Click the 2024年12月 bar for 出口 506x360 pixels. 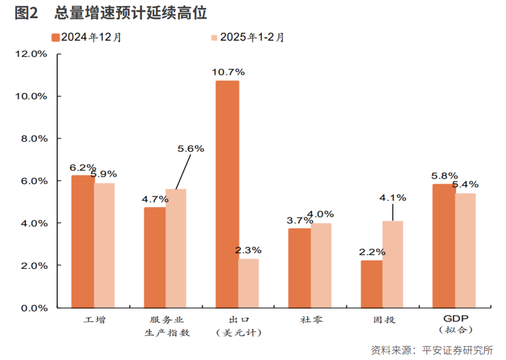(x=227, y=194)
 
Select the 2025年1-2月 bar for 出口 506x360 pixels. (x=248, y=284)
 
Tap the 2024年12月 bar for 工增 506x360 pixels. (x=83, y=242)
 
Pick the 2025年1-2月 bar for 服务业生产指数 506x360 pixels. (x=176, y=248)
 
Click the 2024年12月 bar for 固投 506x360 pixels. (x=372, y=284)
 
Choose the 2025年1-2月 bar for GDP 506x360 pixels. (x=466, y=250)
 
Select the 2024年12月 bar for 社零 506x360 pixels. (x=299, y=268)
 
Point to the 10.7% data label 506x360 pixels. (x=227, y=72)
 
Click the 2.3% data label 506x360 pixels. (x=248, y=250)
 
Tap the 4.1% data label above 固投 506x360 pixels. (x=392, y=197)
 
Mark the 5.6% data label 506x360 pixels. (x=191, y=148)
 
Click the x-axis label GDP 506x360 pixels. (x=455, y=319)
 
